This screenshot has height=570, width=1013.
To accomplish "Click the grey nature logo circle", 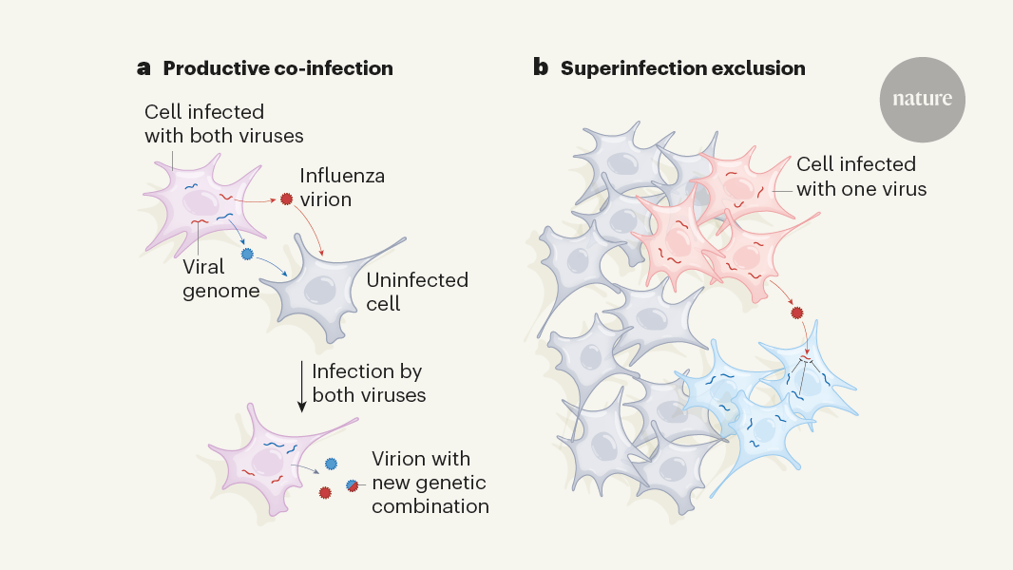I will [x=922, y=100].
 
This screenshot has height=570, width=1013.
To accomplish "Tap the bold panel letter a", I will [x=144, y=68].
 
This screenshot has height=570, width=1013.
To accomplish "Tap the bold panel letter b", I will [x=540, y=68].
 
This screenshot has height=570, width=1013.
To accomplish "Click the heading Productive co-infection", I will [x=277, y=68].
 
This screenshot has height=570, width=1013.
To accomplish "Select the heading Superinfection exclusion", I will [x=682, y=68].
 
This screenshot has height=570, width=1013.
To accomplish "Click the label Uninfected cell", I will [x=417, y=292].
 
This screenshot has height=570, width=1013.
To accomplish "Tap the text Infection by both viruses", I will [x=367, y=382].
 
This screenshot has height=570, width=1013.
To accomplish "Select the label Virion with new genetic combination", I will [x=430, y=483].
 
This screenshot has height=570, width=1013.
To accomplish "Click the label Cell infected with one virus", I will [x=861, y=177].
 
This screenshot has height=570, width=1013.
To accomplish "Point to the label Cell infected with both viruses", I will [x=224, y=123].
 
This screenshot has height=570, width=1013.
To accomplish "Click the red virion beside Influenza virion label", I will [x=286, y=199].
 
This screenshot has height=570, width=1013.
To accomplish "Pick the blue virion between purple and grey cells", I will [x=248, y=255].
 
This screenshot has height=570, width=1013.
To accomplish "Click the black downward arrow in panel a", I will [x=301, y=386].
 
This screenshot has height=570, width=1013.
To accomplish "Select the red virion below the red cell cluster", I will [x=797, y=312].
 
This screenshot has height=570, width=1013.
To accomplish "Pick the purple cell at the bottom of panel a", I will [x=263, y=458].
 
